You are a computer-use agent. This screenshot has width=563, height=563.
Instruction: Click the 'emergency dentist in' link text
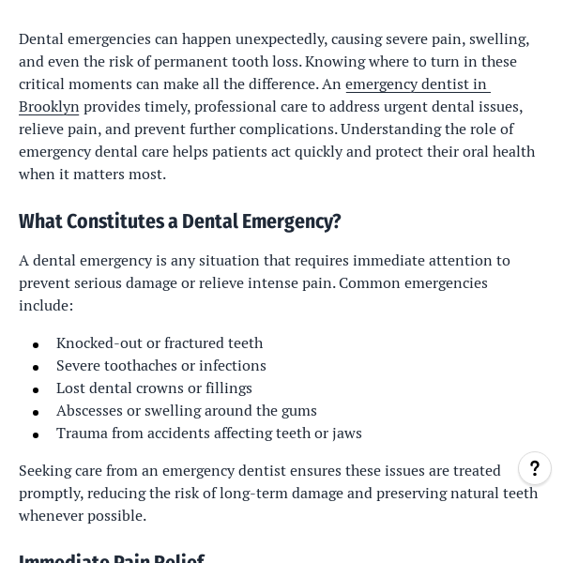pyautogui.click(x=417, y=84)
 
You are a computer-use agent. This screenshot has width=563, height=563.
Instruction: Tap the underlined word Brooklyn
pyautogui.click(x=49, y=106)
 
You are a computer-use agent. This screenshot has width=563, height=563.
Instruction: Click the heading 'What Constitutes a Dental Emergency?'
pyautogui.click(x=179, y=221)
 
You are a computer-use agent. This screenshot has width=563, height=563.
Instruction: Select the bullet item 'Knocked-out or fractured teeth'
pyautogui.click(x=160, y=342)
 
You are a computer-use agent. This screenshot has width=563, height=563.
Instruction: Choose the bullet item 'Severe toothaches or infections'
pyautogui.click(x=161, y=365)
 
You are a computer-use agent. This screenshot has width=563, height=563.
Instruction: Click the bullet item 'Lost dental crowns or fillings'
pyautogui.click(x=154, y=388)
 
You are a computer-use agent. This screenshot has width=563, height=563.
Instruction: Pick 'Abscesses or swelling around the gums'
pyautogui.click(x=187, y=410)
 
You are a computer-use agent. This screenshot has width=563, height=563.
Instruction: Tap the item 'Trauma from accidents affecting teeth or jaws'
pyautogui.click(x=209, y=433)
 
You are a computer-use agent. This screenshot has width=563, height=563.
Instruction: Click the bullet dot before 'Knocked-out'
pyautogui.click(x=36, y=345)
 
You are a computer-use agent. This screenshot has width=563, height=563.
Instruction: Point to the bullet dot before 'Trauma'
pyautogui.click(x=36, y=435)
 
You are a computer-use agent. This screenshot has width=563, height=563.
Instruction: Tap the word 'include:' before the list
pyautogui.click(x=46, y=305)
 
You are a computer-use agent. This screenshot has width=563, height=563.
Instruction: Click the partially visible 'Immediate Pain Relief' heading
pyautogui.click(x=112, y=557)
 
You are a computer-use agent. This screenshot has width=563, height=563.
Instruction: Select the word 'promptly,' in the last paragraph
pyautogui.click(x=53, y=493)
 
